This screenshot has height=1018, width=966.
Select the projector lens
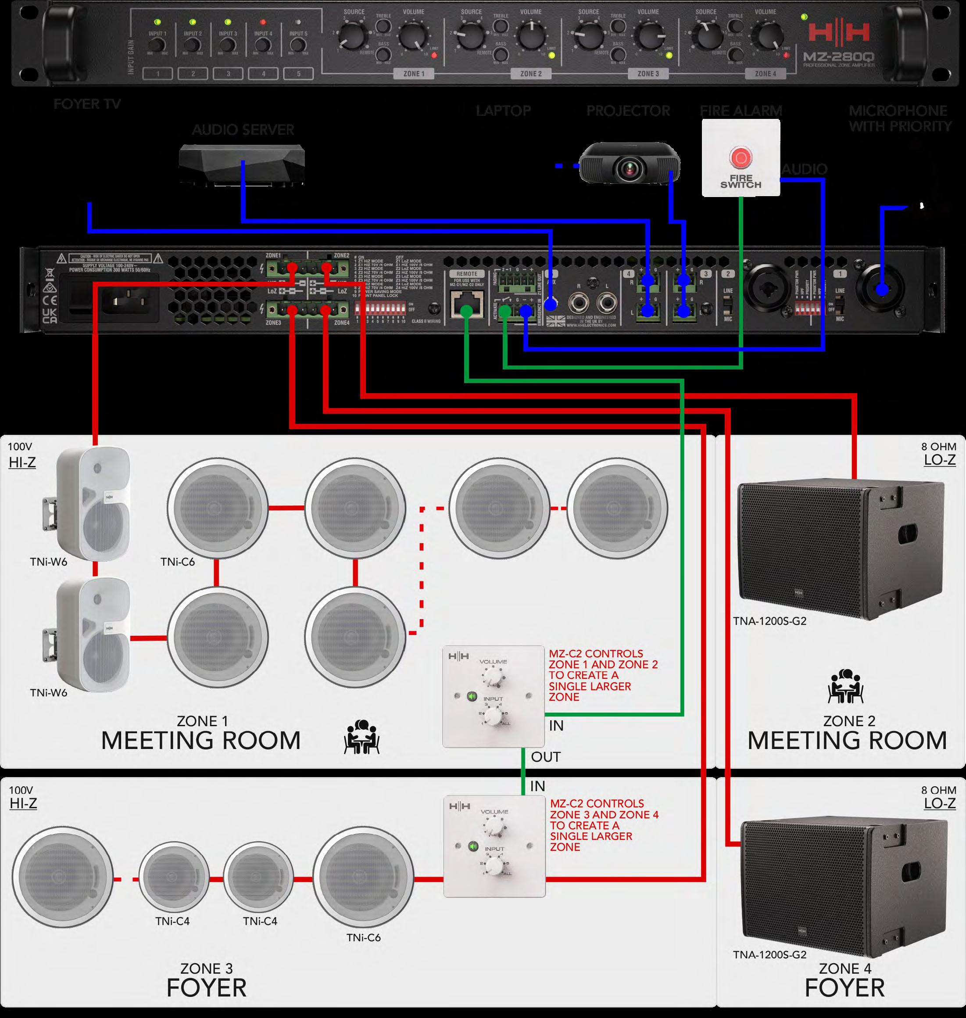coord(629,167)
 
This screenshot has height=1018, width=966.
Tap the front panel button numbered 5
coord(299,74)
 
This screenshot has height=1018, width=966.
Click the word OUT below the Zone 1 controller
coord(545,757)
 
